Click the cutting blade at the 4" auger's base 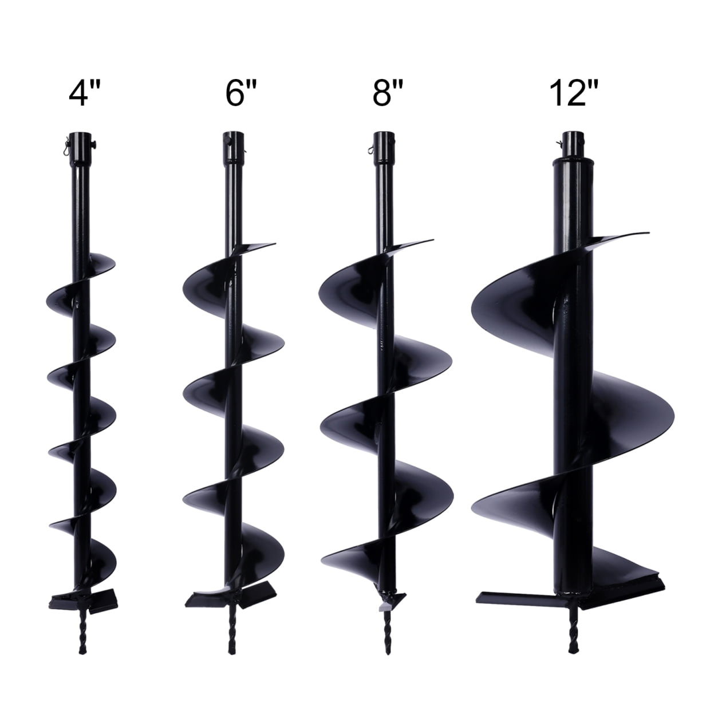[63, 601]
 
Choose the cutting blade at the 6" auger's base [206, 598]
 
